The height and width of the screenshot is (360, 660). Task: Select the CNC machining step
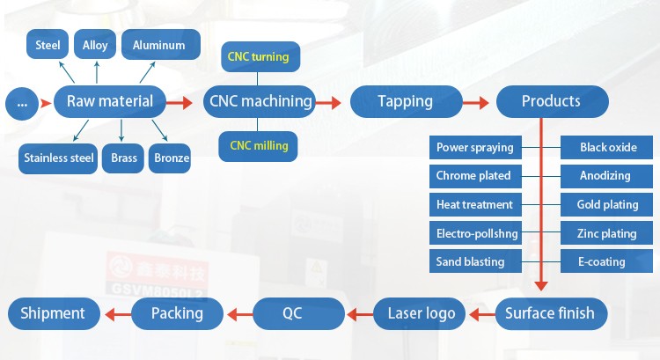tap(260, 101)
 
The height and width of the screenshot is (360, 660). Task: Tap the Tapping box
tap(405, 101)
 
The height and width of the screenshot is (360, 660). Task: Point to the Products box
tap(551, 101)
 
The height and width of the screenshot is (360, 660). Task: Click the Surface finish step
tap(549, 312)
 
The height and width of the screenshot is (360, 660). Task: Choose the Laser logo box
tap(422, 312)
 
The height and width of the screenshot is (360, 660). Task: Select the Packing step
tap(177, 312)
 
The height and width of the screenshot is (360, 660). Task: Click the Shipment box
tap(53, 312)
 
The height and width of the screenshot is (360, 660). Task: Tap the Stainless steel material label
tap(59, 158)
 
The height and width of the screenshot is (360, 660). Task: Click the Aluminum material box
tap(159, 45)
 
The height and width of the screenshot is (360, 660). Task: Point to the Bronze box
tap(170, 158)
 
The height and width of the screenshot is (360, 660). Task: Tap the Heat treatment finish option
tap(474, 204)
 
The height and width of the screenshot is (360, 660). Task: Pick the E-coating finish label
tap(603, 261)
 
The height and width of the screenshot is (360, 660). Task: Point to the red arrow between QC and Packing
tap(240, 313)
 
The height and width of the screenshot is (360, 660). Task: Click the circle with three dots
tap(22, 104)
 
